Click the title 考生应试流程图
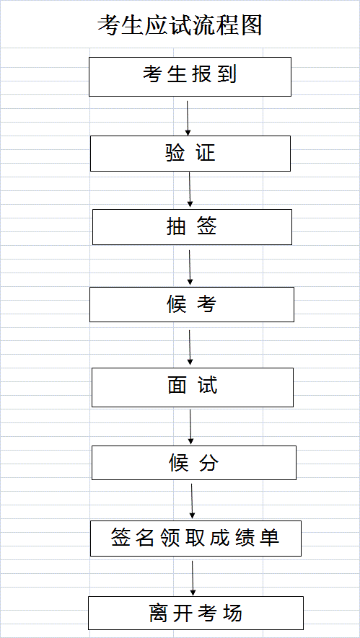[x=180, y=26]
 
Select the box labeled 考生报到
[x=190, y=77]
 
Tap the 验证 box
[x=190, y=154]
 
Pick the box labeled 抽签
[x=192, y=227]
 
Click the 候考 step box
[x=192, y=304]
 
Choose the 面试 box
[x=193, y=387]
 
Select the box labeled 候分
[x=194, y=463]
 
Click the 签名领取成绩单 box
[x=196, y=539]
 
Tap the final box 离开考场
[x=196, y=613]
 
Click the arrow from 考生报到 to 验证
[x=188, y=118]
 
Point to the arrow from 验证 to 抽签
[x=190, y=190]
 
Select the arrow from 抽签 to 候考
[x=190, y=267]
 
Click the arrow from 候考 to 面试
[x=190, y=347]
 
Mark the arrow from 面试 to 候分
[x=190, y=427]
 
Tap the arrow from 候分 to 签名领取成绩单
[x=192, y=501]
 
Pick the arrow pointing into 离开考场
[x=193, y=577]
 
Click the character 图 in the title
[x=251, y=26]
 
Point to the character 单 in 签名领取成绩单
[x=270, y=538]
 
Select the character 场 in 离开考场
[x=232, y=613]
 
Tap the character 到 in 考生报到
[x=227, y=74]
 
